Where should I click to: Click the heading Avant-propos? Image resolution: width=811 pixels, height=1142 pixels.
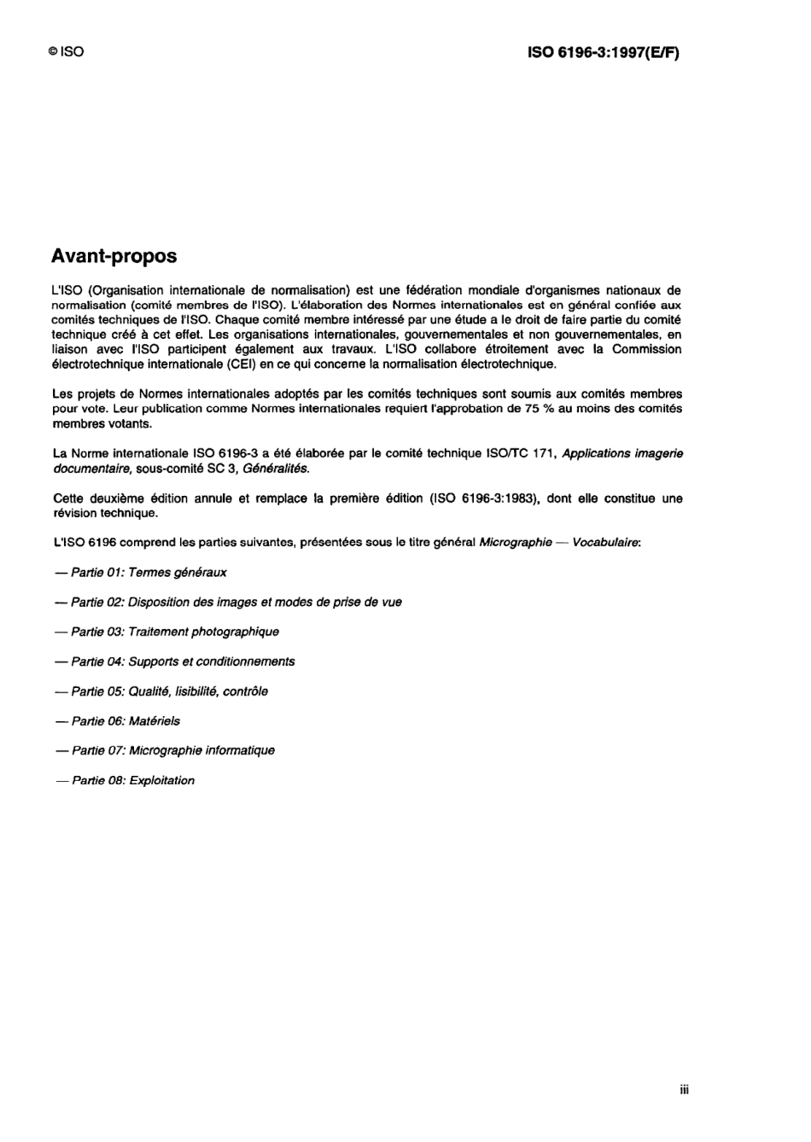(114, 256)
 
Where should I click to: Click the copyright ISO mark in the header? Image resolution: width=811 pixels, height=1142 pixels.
(67, 52)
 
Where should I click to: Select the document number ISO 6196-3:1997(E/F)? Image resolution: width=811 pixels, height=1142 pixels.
(604, 52)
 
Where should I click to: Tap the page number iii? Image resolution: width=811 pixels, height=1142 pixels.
(685, 1089)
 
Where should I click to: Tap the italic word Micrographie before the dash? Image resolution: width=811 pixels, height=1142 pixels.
(516, 543)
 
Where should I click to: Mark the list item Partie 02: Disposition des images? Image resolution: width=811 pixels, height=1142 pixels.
(228, 603)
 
